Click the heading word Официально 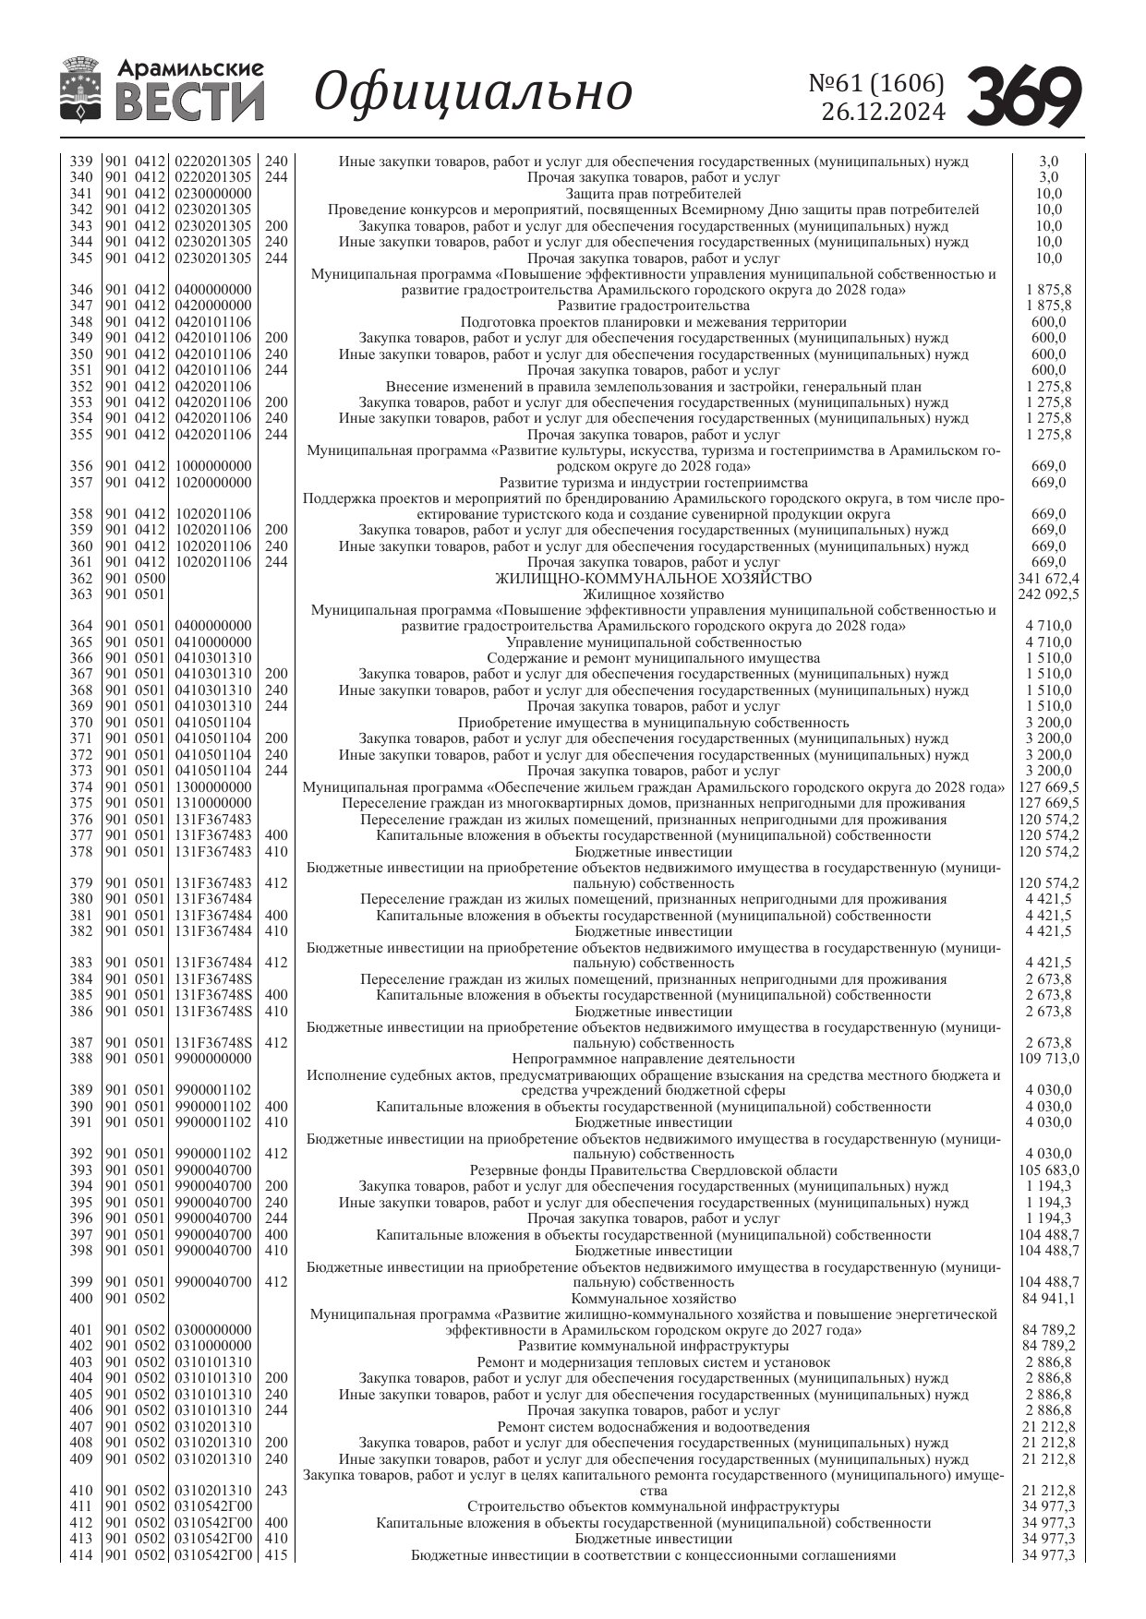(x=474, y=92)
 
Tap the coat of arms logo (x=81, y=90)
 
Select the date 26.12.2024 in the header (x=883, y=113)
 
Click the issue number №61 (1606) (x=876, y=84)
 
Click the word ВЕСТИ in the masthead (x=190, y=102)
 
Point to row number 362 (x=81, y=579)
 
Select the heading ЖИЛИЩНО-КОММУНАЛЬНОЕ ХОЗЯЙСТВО (x=653, y=579)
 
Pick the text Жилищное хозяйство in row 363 (x=653, y=594)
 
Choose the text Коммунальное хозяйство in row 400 (x=653, y=1299)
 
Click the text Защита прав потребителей (x=653, y=194)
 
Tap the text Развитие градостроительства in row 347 (x=653, y=306)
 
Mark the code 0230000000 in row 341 (x=213, y=194)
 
